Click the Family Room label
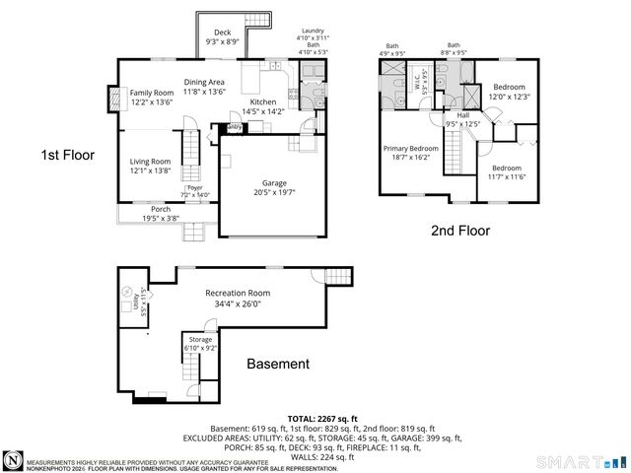point(152,93)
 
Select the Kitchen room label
point(263,102)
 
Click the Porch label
point(161,209)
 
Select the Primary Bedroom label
point(410,149)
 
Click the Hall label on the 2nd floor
point(462,115)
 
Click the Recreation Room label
point(238,294)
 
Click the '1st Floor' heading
point(67,155)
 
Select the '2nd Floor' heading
point(459,232)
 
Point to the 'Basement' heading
point(277,364)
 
